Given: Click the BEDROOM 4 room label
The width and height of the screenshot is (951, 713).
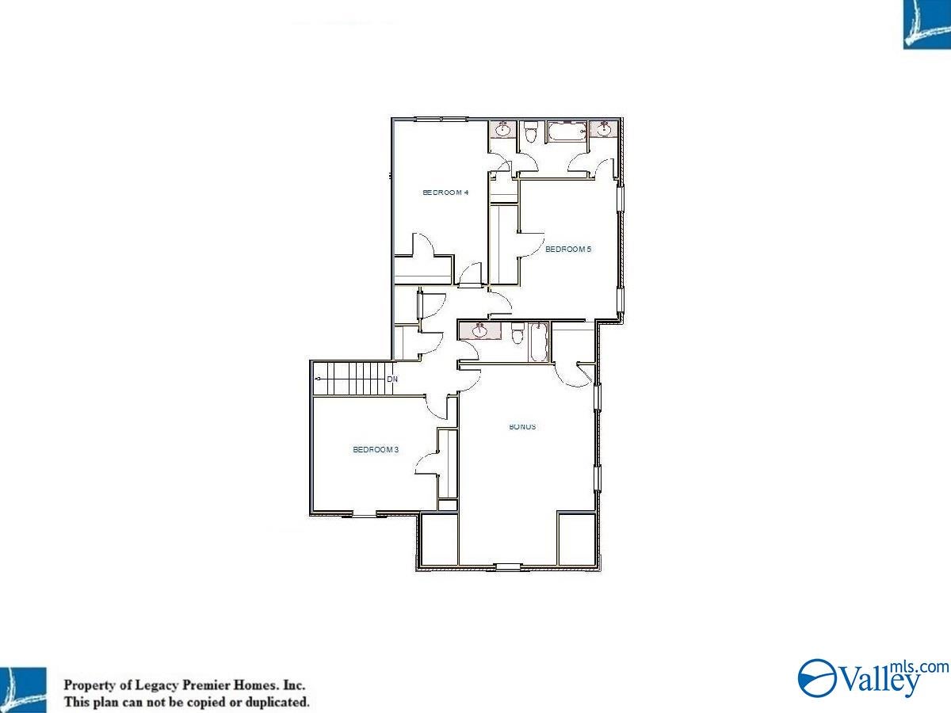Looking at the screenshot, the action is [445, 193].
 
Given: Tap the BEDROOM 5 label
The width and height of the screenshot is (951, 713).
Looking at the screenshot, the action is [568, 250].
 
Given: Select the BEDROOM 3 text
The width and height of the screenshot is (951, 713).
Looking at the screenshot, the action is [376, 450].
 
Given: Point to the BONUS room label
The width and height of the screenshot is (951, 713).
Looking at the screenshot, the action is [522, 427].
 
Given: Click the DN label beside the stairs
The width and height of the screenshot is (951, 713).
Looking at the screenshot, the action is [392, 379].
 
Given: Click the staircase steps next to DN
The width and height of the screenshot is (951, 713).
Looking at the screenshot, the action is [352, 379].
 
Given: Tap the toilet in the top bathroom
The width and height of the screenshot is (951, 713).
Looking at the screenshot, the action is [531, 132].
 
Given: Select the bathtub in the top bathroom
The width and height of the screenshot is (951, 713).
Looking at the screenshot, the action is [567, 132].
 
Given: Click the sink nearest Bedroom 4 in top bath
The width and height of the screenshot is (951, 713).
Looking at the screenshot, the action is [503, 129].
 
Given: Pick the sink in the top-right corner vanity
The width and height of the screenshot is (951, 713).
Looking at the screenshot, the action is [604, 129].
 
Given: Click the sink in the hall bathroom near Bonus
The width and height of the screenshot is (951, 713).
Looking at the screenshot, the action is [479, 331].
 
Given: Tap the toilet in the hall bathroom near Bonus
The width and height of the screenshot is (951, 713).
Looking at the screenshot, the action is [518, 334].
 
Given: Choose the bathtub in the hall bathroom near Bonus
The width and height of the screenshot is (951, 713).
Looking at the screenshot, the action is [537, 342].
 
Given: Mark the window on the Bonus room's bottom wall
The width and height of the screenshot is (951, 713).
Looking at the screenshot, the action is [508, 566].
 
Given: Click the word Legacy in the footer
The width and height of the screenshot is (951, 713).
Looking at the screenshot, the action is [156, 685].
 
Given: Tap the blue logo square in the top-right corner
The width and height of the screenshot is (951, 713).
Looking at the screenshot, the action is [926, 25].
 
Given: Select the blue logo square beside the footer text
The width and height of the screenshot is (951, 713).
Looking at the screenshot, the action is [23, 690].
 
